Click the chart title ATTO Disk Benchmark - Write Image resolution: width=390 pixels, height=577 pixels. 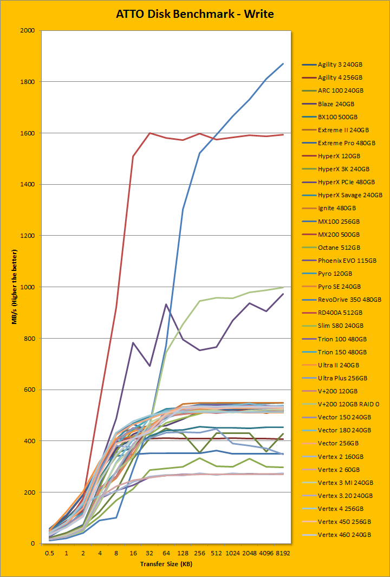click(x=195, y=14)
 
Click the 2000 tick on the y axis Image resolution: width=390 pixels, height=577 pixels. click(x=27, y=31)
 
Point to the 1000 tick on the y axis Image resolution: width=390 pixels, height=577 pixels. click(x=27, y=287)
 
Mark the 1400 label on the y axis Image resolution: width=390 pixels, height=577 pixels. click(x=27, y=185)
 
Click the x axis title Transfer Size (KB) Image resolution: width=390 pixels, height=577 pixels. click(x=166, y=565)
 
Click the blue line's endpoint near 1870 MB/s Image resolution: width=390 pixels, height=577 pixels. click(x=283, y=64)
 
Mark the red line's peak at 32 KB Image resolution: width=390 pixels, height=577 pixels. click(x=149, y=133)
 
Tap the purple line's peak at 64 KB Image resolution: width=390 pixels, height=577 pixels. click(x=166, y=304)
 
